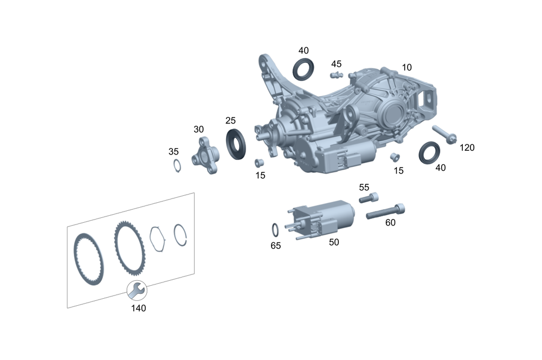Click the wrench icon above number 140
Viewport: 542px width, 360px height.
pos(137,291)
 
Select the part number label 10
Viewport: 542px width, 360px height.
pos(406,67)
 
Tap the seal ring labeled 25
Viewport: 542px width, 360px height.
pos(236,144)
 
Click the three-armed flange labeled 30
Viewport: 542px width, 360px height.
pos(205,155)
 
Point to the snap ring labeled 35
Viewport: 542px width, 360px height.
pos(177,165)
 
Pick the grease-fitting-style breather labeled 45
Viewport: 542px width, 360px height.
pos(335,75)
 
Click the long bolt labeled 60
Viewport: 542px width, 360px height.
pos(385,211)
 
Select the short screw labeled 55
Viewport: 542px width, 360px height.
pos(369,198)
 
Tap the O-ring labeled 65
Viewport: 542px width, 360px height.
pos(275,230)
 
